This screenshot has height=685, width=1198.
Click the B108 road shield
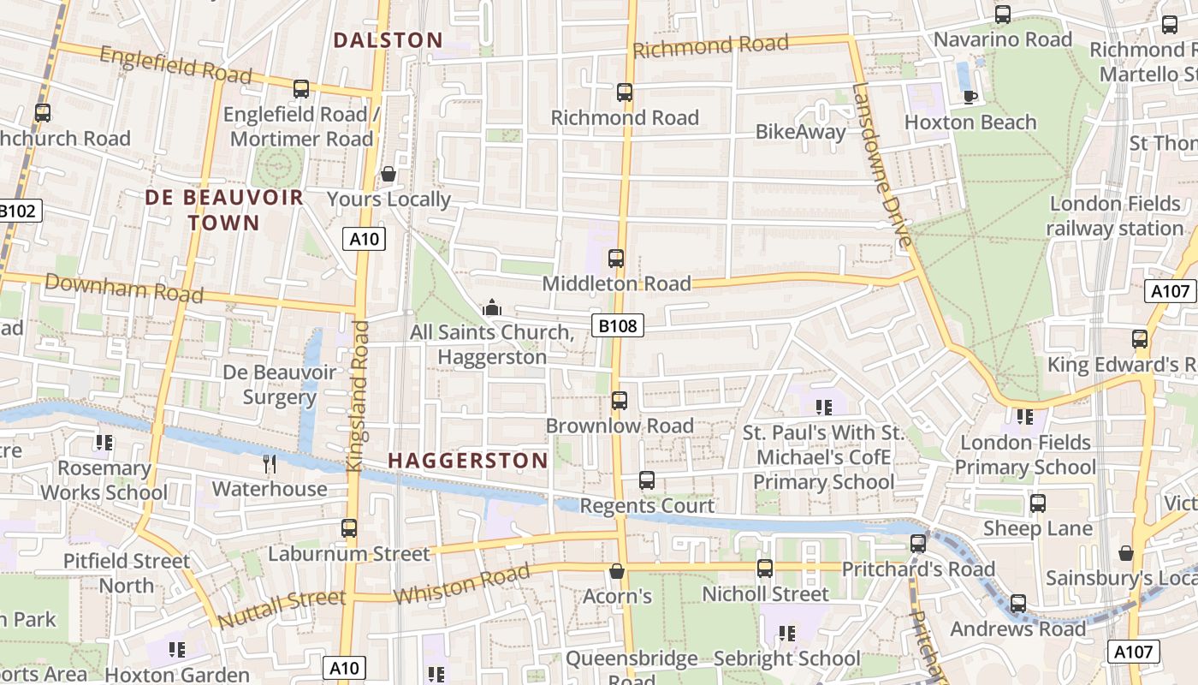[x=617, y=325]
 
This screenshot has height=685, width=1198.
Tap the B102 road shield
[x=19, y=211]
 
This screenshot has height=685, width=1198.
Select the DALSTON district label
[x=388, y=40]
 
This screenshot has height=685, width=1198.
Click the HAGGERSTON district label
[x=468, y=461]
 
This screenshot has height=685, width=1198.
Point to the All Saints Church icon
[x=492, y=307]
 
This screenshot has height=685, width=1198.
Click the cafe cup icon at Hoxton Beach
[x=970, y=97]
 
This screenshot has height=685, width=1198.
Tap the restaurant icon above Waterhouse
[x=270, y=464]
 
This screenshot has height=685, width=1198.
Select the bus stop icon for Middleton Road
[x=616, y=258]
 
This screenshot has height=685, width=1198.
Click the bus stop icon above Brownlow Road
[x=620, y=400]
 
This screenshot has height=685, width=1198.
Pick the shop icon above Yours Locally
[x=388, y=174]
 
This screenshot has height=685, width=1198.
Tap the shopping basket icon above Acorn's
[x=617, y=570]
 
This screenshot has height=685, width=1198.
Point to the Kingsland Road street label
[x=359, y=396]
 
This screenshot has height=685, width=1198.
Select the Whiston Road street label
[x=461, y=585]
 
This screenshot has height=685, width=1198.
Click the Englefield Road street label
[x=175, y=65]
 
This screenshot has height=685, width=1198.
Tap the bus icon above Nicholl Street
[x=765, y=568]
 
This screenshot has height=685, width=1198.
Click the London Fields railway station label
[x=1115, y=216]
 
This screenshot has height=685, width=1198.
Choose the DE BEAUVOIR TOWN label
[x=224, y=210]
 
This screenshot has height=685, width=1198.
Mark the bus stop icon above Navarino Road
[x=1003, y=15]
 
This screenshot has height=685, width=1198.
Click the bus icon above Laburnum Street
[x=349, y=528]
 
